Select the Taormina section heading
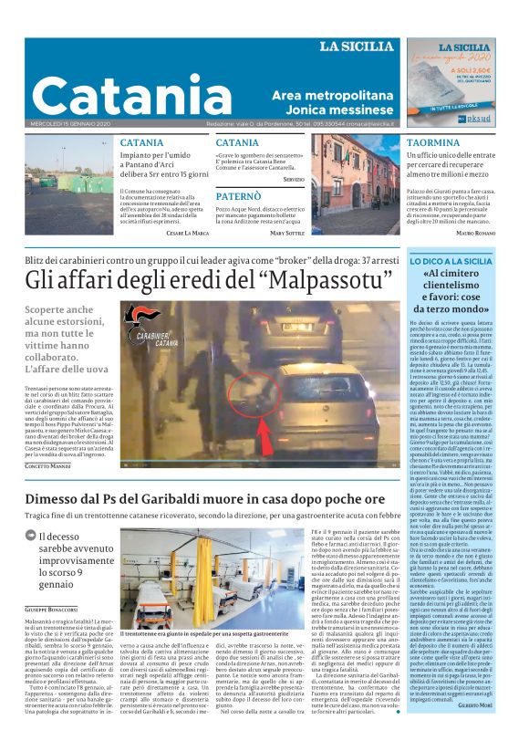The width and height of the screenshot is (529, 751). pyautogui.click(x=433, y=144)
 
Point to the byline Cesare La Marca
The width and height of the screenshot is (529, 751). pyautogui.click(x=188, y=234)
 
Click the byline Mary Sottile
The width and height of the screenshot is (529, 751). pyautogui.click(x=286, y=234)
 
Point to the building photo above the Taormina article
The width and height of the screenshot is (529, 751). pyautogui.click(x=357, y=184)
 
